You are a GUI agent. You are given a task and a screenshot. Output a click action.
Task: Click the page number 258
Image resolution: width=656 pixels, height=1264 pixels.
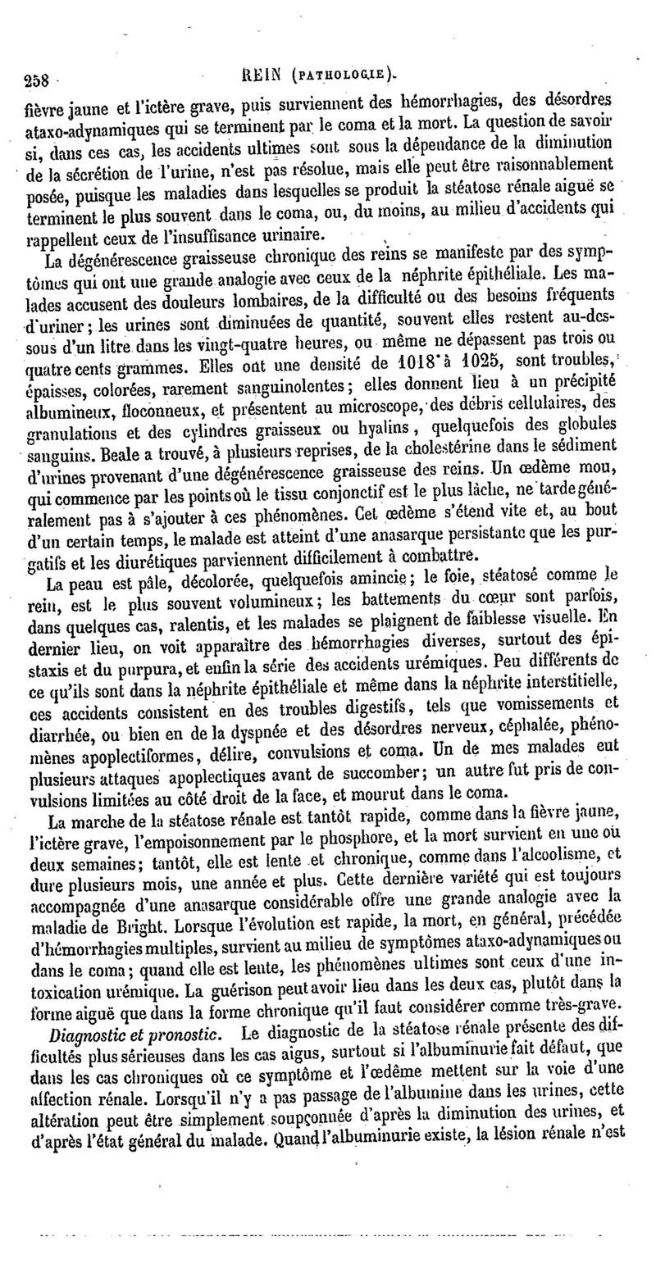(x=37, y=81)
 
